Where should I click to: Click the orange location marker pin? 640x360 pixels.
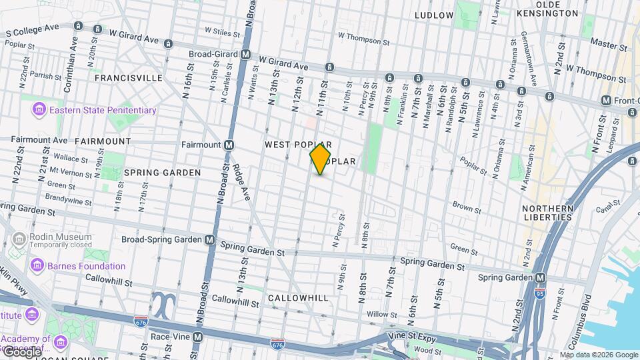click(321, 159)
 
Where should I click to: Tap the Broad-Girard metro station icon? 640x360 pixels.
click(246, 55)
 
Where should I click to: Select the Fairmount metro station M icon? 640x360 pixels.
click(229, 145)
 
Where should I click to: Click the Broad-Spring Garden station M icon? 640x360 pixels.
click(210, 239)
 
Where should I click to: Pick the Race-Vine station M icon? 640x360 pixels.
click(198, 337)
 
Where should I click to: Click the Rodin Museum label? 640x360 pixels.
click(60, 237)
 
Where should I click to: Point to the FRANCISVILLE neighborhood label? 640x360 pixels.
click(128, 78)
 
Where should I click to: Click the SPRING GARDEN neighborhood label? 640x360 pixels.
click(162, 173)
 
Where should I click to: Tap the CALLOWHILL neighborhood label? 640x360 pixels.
click(299, 298)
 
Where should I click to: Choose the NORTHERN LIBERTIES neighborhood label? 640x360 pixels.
click(548, 213)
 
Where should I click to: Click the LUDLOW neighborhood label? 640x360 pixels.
click(434, 15)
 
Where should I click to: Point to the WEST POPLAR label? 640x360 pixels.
click(298, 145)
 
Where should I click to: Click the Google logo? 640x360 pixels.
click(21, 351)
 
